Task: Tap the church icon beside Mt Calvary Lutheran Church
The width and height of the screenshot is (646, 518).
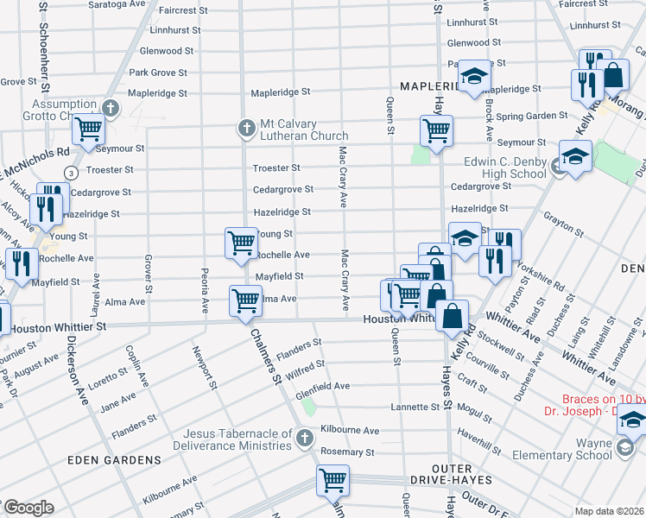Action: coord(245,129)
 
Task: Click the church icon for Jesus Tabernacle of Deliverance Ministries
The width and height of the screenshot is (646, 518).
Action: coord(303,439)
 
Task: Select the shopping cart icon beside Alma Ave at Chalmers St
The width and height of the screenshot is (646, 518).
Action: coord(245,300)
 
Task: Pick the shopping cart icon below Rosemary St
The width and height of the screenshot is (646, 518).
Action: coord(332,479)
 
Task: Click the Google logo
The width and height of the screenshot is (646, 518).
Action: coord(28,508)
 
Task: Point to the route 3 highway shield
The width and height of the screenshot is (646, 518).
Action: coord(67,174)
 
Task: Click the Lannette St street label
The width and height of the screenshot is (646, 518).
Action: coord(416,407)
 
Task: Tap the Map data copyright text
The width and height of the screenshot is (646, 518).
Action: coord(608,511)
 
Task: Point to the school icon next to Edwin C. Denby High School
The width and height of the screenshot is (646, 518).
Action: coord(573,157)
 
